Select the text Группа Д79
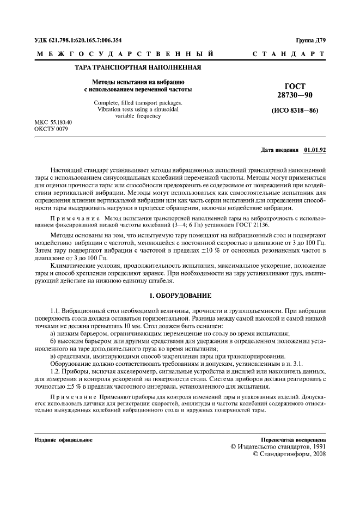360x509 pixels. coord(310,40)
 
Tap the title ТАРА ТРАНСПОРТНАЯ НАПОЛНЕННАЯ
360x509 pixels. coord(138,69)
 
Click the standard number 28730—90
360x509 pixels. coord(295,95)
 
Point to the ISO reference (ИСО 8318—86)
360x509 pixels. coord(295,112)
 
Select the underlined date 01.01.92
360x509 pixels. coord(315,149)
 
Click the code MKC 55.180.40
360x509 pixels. coord(53,122)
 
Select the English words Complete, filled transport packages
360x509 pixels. coord(138,103)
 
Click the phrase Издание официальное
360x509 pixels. coord(63,439)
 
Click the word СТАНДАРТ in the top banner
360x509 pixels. coord(289,54)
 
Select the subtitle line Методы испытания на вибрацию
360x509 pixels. coord(138,82)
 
